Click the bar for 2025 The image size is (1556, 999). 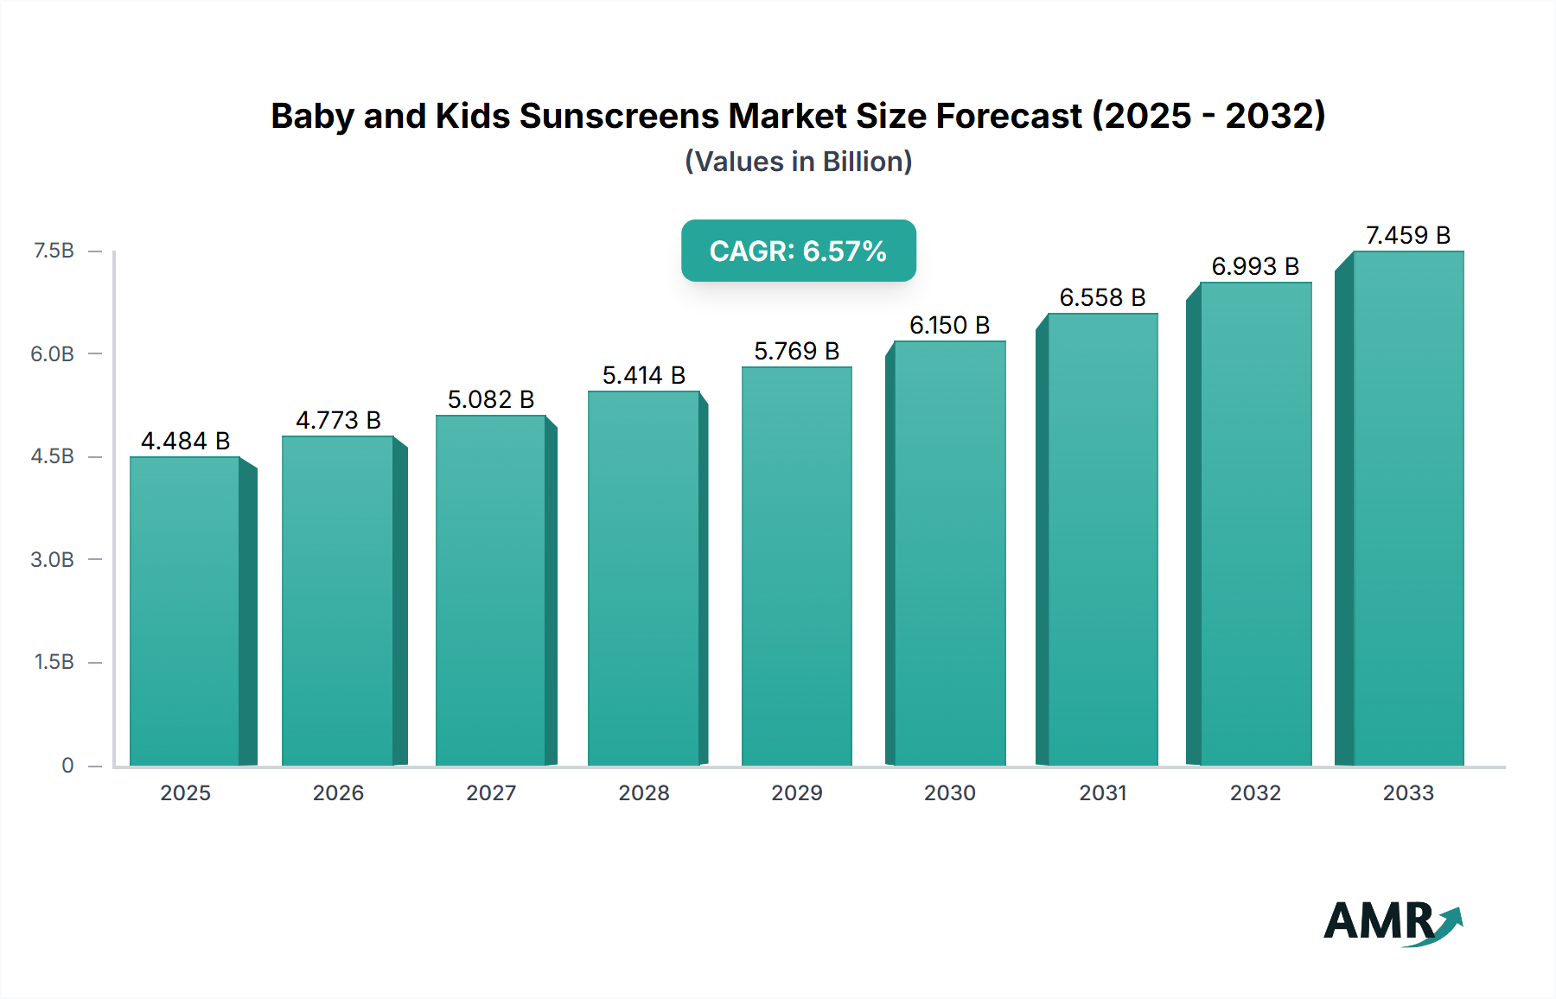[x=184, y=610]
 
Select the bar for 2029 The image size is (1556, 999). [x=796, y=566]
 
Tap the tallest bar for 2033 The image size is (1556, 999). [x=1407, y=508]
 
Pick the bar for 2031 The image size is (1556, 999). [x=1102, y=539]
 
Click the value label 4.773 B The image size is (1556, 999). [x=338, y=420]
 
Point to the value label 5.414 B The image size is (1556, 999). [x=643, y=375]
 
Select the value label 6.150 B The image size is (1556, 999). [x=949, y=325]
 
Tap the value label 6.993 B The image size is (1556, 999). [x=1255, y=266]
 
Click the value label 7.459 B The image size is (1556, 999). [x=1407, y=235]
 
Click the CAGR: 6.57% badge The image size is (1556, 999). [x=798, y=251]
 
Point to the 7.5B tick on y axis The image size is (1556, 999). [x=54, y=251]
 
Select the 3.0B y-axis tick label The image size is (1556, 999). [x=52, y=559]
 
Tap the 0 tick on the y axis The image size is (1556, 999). [x=67, y=765]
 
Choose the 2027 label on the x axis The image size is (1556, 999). [x=490, y=792]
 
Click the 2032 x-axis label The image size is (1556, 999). [x=1255, y=792]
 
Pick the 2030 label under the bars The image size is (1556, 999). [x=949, y=792]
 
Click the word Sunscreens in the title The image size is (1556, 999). [x=618, y=116]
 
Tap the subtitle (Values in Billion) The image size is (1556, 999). [x=798, y=162]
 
